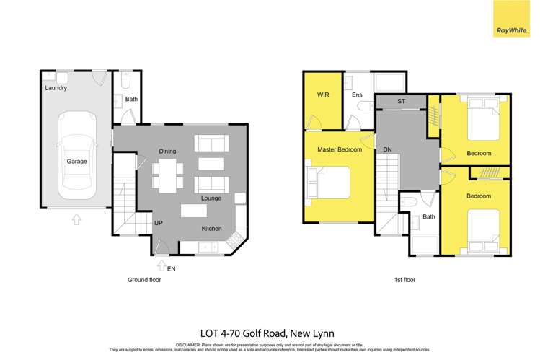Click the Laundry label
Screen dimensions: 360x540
(x=56, y=88)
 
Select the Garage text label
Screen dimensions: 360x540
(x=76, y=162)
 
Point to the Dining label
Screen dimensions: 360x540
(x=167, y=151)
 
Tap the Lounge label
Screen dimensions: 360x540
(x=211, y=198)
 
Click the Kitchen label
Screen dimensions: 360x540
(x=211, y=229)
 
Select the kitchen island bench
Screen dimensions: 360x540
(x=192, y=211)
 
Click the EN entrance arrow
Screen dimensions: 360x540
(x=161, y=267)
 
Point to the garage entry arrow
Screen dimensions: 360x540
(x=76, y=219)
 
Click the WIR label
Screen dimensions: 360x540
(x=322, y=95)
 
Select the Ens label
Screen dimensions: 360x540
(x=356, y=95)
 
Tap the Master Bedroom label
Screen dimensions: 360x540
(x=338, y=149)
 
